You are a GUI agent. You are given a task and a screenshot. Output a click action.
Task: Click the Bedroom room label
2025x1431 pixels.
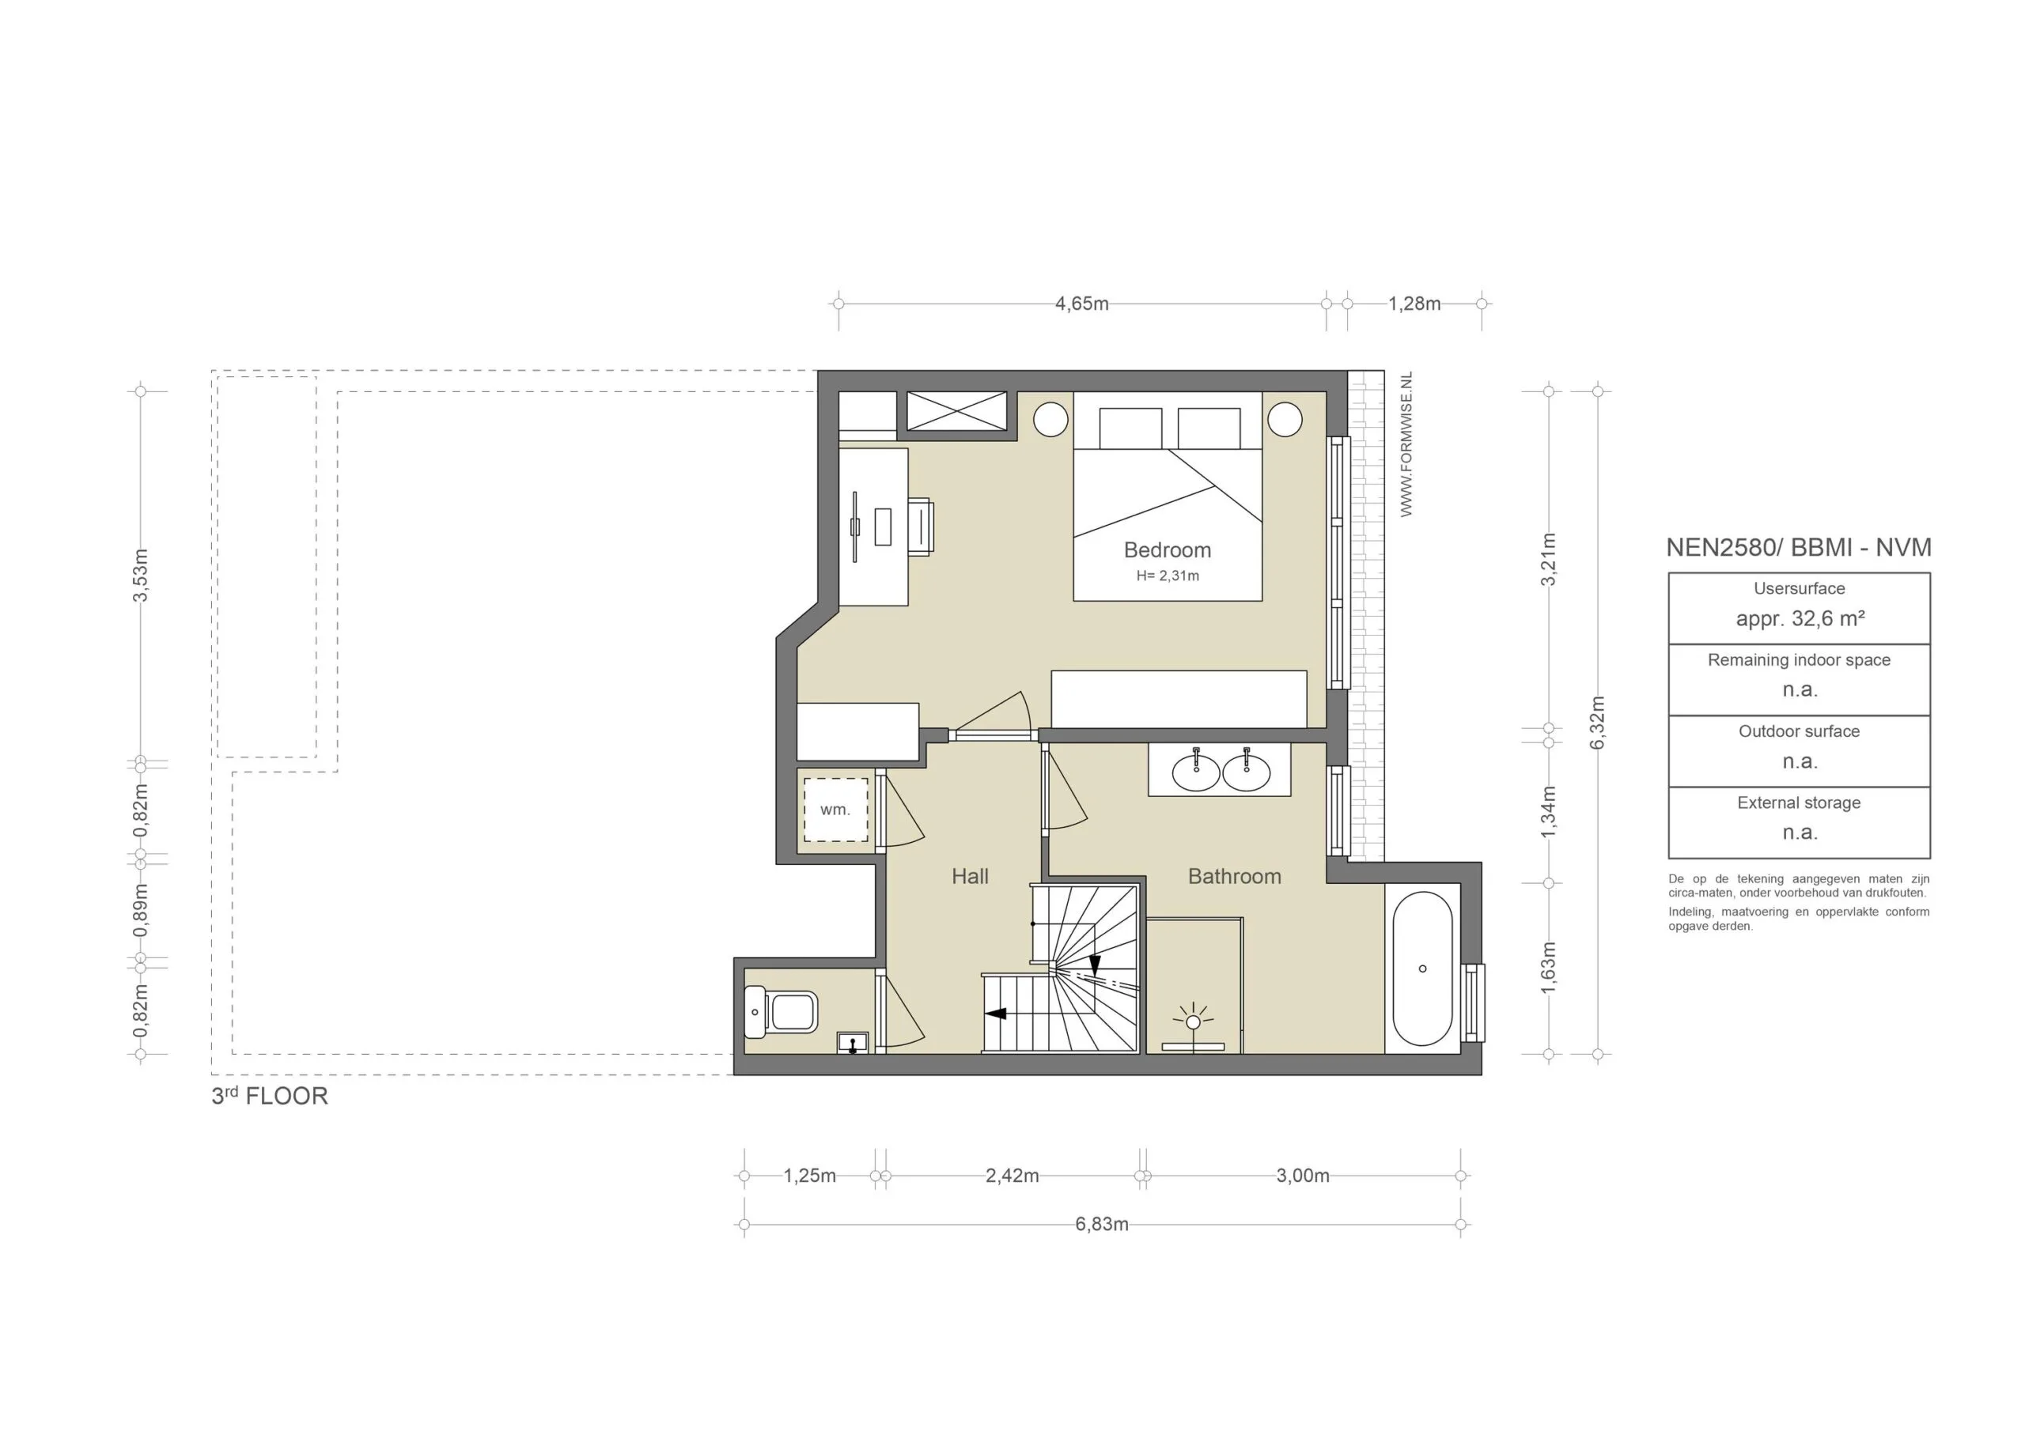(1167, 550)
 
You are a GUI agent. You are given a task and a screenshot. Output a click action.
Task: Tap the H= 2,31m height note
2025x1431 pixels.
(1167, 576)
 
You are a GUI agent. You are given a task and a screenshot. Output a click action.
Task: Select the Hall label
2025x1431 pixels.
(969, 877)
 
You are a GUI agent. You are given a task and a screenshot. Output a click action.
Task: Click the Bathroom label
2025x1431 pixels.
(1234, 877)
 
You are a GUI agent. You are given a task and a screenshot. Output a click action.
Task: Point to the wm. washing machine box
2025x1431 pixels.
(835, 810)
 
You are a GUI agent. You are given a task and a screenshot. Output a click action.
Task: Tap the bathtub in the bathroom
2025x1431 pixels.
(1421, 969)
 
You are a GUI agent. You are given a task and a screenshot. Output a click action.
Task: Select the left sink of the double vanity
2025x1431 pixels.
(1196, 772)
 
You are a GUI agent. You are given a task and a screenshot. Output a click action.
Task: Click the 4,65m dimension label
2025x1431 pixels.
(1081, 304)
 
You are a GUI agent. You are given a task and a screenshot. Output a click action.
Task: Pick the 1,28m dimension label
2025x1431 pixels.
(1414, 304)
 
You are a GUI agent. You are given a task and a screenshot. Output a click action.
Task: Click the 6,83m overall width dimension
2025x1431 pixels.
(1102, 1225)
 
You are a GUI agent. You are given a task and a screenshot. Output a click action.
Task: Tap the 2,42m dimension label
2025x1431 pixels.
(1012, 1176)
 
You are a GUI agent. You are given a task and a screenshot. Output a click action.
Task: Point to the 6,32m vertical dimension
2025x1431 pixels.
(1597, 722)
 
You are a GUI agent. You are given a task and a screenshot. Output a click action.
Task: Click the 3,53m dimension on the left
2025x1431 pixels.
(140, 576)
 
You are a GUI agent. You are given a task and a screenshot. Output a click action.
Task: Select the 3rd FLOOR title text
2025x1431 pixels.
(269, 1096)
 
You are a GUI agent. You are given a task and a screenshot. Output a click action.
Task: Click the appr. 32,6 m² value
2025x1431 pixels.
(1800, 619)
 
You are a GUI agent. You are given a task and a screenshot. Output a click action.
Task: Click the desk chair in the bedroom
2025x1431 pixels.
(920, 527)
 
